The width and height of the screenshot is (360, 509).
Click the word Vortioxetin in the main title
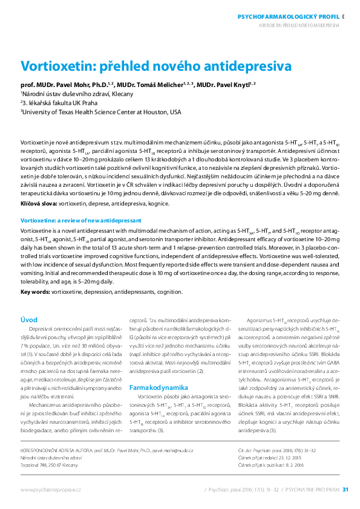[54, 66]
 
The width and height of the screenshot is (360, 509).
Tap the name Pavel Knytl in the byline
[232, 85]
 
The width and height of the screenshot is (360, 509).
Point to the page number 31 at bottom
[345, 489]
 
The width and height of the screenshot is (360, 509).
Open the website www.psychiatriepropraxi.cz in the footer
[51, 489]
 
